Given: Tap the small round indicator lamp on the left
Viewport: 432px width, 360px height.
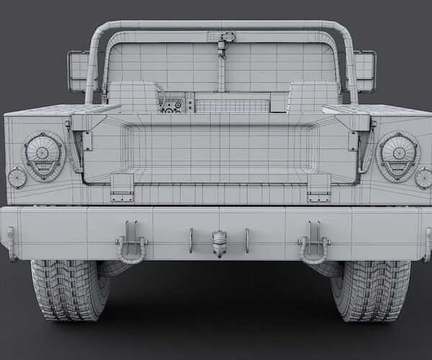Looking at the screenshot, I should coord(16,177).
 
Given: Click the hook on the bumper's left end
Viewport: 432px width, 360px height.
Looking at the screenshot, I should coord(10,243).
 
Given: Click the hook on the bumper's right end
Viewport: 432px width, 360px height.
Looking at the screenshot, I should coord(428,243).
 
